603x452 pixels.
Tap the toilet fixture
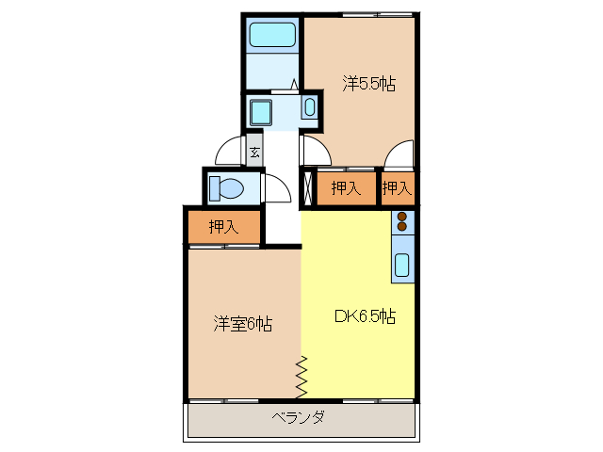click(x=226, y=187)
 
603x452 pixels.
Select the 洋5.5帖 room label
click(x=368, y=84)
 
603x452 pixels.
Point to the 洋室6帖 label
click(x=242, y=324)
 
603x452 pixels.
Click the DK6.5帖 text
click(x=365, y=316)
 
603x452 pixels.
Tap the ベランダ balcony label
click(x=299, y=417)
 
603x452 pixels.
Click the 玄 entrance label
click(x=254, y=150)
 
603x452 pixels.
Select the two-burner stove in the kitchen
click(x=403, y=222)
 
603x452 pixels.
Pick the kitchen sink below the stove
click(x=402, y=265)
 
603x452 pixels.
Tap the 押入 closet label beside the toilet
click(x=223, y=226)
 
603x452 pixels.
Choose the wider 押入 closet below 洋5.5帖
click(x=346, y=188)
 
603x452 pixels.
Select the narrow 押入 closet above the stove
click(x=397, y=188)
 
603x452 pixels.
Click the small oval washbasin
click(x=310, y=107)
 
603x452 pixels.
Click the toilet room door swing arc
click(x=277, y=188)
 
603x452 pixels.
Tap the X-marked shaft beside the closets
click(x=308, y=188)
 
